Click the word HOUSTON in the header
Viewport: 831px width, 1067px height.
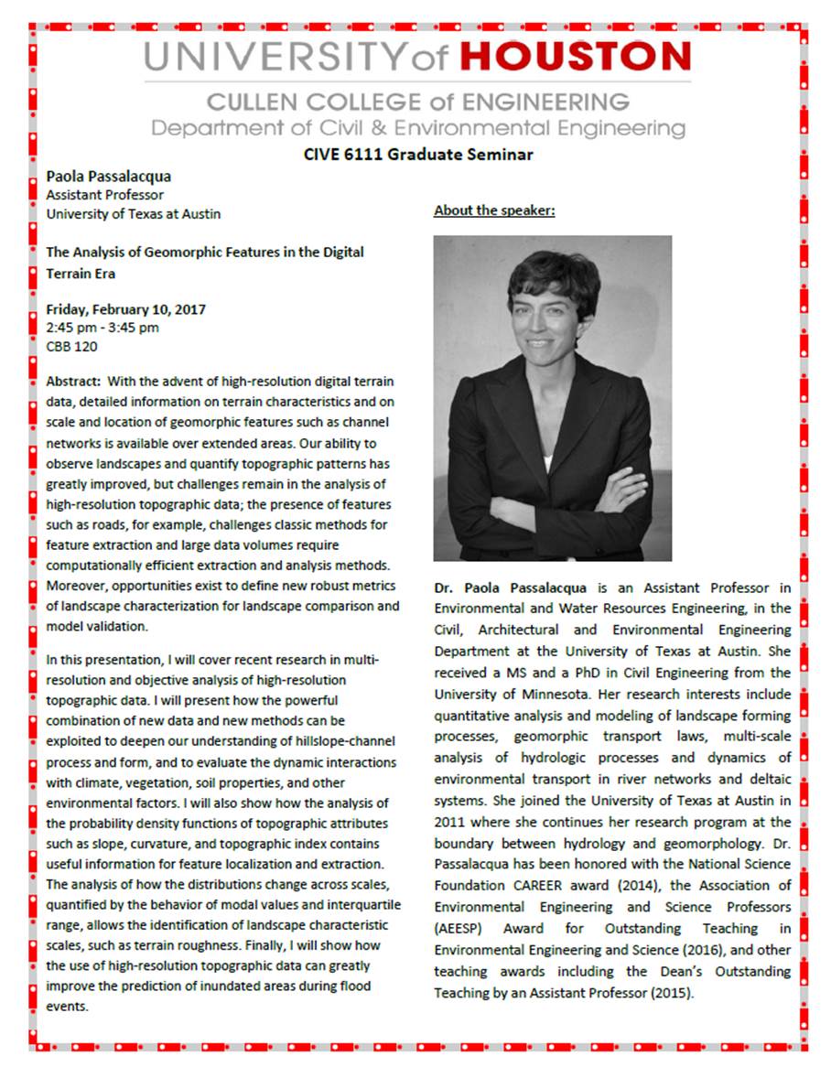click(575, 57)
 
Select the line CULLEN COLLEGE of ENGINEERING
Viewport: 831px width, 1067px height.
click(417, 102)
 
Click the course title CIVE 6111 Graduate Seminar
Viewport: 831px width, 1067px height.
click(418, 154)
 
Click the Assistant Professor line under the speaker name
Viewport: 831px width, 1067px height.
click(105, 195)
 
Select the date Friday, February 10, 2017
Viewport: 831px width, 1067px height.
click(125, 309)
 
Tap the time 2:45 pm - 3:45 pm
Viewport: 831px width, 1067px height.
click(103, 328)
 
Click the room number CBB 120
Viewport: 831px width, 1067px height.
click(71, 347)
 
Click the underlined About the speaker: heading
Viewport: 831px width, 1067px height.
click(494, 210)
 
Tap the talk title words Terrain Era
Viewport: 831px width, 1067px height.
click(81, 273)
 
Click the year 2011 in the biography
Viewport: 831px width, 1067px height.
click(450, 823)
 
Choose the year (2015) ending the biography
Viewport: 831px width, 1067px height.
click(669, 992)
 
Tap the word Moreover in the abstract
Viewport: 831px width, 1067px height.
click(76, 586)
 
